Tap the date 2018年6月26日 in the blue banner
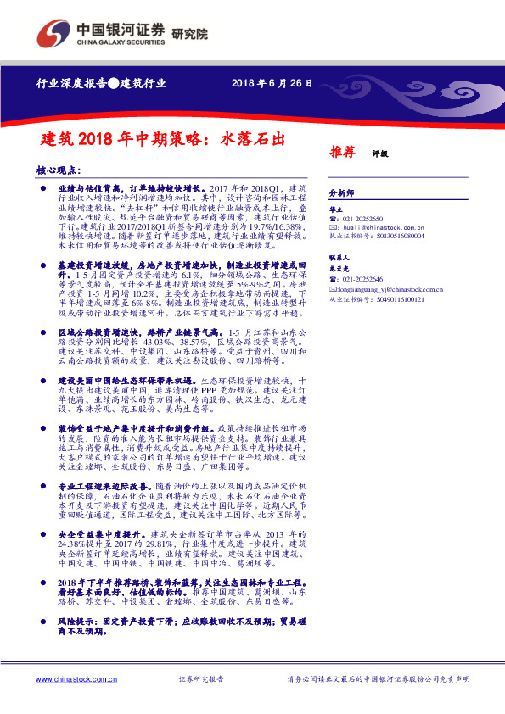(x=271, y=83)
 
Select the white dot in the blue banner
(x=113, y=83)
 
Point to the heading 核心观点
(x=60, y=170)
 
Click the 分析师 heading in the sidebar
(x=341, y=193)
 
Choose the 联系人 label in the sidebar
(x=340, y=257)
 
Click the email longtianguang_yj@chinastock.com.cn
(x=395, y=288)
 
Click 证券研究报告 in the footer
(x=202, y=680)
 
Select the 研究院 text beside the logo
(x=189, y=33)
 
